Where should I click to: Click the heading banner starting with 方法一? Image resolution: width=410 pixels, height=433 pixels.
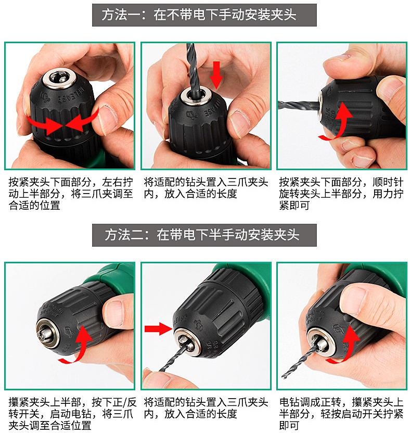(204, 15)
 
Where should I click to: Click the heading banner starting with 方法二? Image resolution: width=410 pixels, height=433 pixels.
(204, 235)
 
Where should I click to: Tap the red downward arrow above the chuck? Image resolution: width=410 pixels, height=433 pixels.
(216, 74)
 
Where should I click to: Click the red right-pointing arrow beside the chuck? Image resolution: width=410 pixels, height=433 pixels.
(158, 328)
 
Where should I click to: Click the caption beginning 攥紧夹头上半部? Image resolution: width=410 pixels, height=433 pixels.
(71, 414)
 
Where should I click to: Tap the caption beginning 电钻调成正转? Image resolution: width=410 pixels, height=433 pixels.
(341, 414)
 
